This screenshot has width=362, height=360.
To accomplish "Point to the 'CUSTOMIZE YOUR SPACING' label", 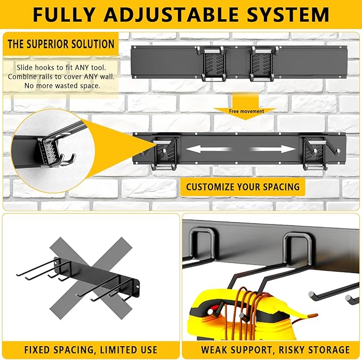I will tap(242, 187).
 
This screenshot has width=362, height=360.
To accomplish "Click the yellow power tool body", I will tap(213, 320).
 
